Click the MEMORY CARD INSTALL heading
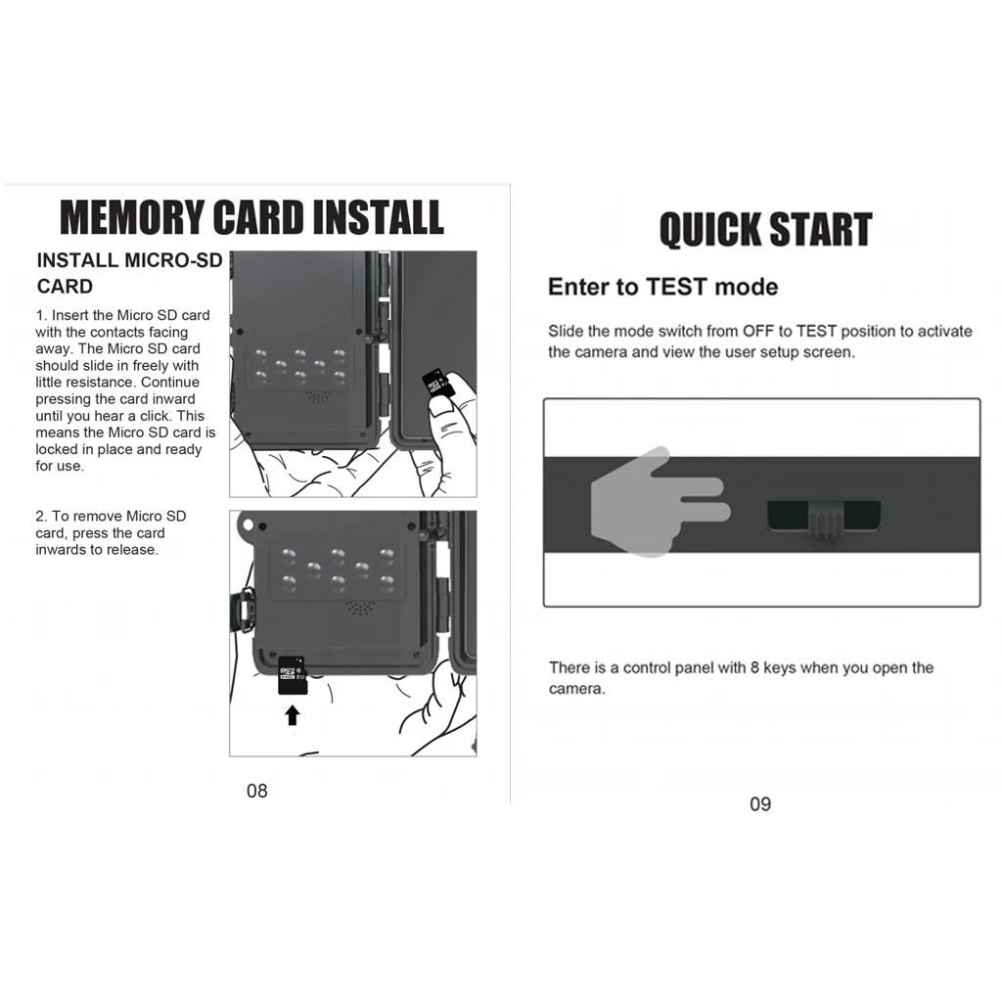click(252, 217)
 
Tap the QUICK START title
click(764, 231)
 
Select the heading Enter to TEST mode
click(662, 287)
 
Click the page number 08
click(256, 791)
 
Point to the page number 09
click(760, 804)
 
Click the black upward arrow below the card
click(292, 715)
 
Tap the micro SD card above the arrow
click(293, 675)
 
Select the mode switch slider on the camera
click(824, 516)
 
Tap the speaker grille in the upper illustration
click(316, 398)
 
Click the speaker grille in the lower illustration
click(360, 608)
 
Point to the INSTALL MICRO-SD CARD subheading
click(129, 273)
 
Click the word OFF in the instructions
click(757, 331)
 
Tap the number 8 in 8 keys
click(754, 667)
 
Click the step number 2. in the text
click(41, 516)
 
